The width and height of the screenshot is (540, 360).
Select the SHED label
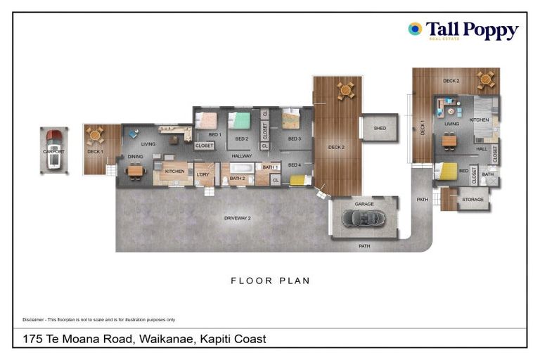click(x=380, y=129)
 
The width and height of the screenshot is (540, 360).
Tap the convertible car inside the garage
click(x=364, y=219)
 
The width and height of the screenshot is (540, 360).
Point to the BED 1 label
click(x=215, y=134)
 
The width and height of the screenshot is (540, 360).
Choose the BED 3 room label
click(x=294, y=139)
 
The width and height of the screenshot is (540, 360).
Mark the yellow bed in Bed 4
click(x=297, y=180)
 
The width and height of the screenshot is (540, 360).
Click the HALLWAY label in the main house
click(x=242, y=156)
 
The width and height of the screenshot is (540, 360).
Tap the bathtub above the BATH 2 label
click(x=242, y=169)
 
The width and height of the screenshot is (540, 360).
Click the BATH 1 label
click(x=270, y=167)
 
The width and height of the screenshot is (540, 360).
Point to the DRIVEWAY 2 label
click(x=238, y=219)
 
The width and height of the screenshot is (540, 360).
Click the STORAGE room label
click(x=472, y=200)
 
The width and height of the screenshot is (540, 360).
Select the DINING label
click(x=136, y=157)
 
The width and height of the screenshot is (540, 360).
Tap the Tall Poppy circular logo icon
click(x=415, y=29)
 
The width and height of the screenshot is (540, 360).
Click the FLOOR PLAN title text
click(x=270, y=281)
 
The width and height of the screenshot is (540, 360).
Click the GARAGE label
click(x=364, y=204)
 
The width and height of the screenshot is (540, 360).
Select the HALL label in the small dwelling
click(x=481, y=148)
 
